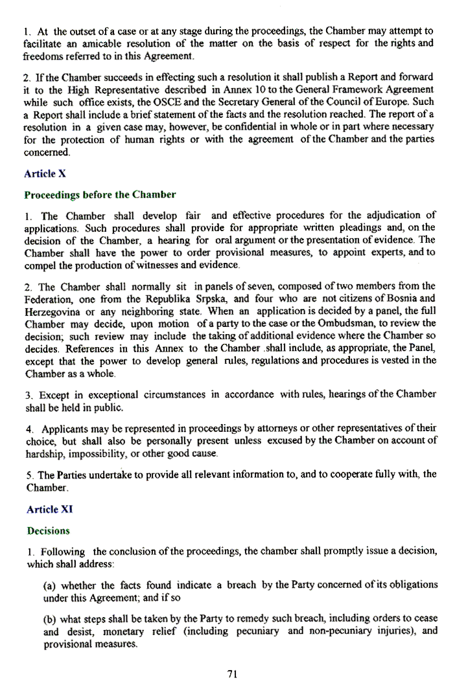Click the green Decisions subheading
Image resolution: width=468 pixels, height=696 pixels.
[48, 531]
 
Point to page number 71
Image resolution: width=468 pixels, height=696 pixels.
[233, 674]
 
